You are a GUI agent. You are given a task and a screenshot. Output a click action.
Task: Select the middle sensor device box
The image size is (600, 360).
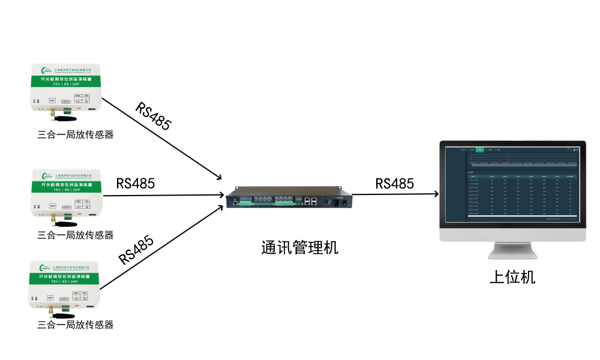pos(66,193)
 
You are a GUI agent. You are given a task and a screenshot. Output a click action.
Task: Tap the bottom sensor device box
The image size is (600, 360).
pos(66,284)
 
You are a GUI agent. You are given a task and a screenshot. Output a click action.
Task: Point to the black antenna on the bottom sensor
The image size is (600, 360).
pos(60,314)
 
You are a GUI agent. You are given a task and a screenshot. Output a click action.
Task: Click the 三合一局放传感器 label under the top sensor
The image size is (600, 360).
pos(75,135)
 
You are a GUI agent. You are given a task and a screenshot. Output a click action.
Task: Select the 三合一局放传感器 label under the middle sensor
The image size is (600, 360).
pos(75,235)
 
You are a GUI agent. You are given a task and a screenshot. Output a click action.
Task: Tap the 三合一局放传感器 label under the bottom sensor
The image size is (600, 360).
pos(75,325)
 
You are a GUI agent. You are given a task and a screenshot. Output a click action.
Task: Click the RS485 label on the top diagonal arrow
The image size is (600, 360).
pos(154,116)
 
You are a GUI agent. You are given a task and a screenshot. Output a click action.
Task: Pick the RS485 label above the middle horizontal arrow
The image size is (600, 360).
pos(135,184)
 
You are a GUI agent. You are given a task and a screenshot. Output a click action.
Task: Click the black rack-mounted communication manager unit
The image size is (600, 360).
pos(287,198)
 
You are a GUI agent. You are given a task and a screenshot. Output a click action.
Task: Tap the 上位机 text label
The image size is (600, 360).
pos(512,277)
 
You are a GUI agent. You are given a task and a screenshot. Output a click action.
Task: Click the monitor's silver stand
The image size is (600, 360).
pos(512,252)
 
